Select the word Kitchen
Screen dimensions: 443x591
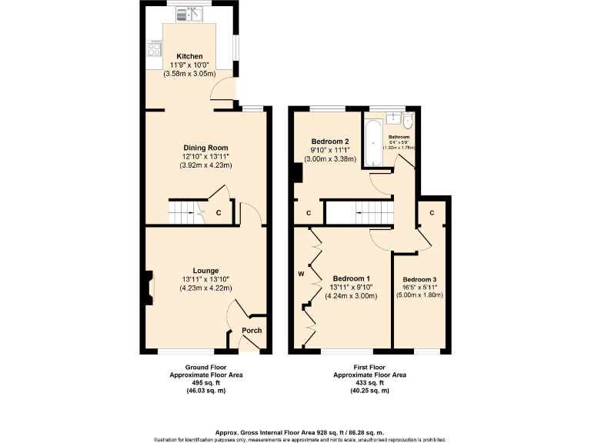[x=189, y=57]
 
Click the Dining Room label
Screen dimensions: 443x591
[x=205, y=148]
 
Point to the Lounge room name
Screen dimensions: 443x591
[x=205, y=271]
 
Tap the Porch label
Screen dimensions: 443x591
[x=252, y=331]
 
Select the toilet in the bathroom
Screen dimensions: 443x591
[x=408, y=122]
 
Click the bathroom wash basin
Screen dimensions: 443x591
[x=392, y=118]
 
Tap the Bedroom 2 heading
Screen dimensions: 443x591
[x=330, y=142]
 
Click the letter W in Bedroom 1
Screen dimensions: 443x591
[x=302, y=273]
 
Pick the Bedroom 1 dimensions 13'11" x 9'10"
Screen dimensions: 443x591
[x=351, y=288]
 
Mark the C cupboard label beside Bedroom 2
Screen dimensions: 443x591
[x=309, y=213]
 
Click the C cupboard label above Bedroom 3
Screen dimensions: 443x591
[x=432, y=213]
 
